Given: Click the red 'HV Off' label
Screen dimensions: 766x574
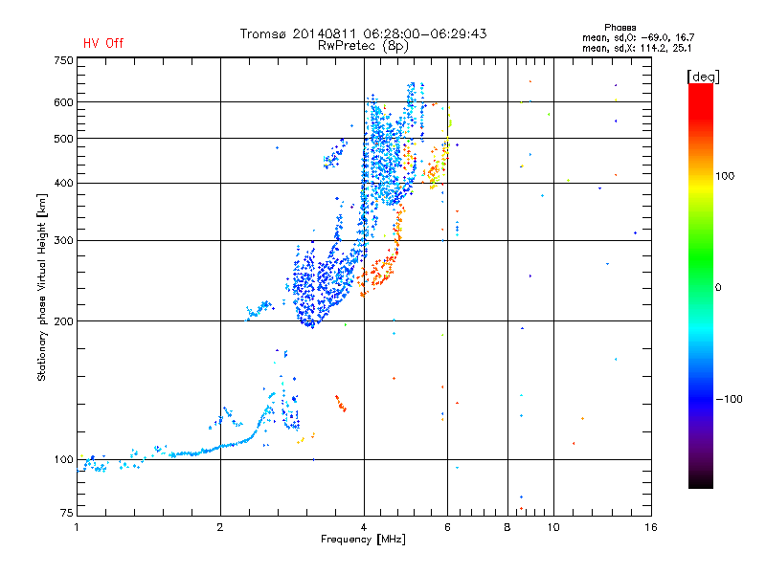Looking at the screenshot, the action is point(103,43).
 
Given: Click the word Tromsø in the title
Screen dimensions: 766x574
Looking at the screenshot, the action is point(262,33).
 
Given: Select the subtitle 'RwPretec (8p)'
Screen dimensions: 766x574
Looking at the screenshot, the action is point(363,46).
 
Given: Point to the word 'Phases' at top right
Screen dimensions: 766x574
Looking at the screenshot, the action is point(620,28).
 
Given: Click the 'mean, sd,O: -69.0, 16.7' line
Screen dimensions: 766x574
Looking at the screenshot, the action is point(638,37).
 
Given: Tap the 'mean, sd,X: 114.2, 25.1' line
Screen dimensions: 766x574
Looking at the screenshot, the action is point(637,48).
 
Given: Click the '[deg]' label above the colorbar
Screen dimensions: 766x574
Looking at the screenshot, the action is point(703,77).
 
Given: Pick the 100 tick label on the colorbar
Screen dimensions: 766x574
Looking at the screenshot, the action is point(725,176).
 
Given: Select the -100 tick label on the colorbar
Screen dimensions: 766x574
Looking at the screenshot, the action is point(729,399).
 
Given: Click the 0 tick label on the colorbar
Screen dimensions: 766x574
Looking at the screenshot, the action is point(718,288).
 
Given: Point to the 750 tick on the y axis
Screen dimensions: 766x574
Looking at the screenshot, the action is point(63,60).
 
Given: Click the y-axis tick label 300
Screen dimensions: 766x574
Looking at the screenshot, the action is point(63,240).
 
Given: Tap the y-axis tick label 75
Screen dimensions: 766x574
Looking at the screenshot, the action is point(67,513).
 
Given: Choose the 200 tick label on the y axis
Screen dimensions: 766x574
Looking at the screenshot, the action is point(63,321).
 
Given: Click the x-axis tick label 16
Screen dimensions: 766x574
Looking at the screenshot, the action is point(651,527).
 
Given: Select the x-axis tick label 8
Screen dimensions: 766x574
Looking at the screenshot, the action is point(507,527).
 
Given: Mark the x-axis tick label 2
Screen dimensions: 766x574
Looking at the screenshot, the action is point(220,527).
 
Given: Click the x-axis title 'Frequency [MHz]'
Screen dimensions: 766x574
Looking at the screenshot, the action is point(363,540).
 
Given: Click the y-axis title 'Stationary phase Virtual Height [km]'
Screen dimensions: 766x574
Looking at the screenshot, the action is point(42,287).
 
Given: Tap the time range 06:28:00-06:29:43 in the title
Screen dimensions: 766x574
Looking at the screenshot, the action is point(425,33).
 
